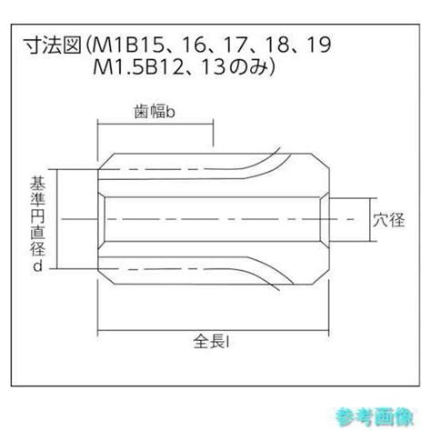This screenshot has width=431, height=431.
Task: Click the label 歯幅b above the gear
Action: click(x=155, y=112)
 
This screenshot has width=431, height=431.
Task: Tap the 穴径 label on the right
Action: click(x=388, y=220)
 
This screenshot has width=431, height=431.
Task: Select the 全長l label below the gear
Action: click(x=211, y=341)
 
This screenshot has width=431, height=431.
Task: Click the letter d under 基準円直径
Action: click(x=37, y=266)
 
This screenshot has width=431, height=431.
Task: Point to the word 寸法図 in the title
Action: click(x=53, y=45)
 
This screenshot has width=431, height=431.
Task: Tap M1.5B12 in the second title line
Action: click(x=138, y=67)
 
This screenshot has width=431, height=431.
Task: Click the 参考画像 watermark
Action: click(x=375, y=416)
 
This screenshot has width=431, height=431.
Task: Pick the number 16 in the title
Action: click(x=195, y=45)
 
